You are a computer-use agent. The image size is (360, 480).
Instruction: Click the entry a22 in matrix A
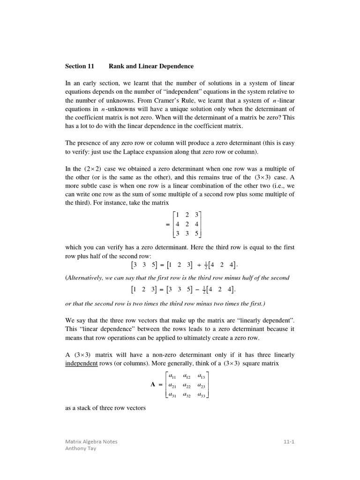[187, 385]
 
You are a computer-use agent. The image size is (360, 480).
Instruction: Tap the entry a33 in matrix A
[201, 395]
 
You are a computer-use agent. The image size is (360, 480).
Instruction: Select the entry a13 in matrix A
[201, 376]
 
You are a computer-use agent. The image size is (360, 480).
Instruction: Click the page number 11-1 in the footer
[289, 442]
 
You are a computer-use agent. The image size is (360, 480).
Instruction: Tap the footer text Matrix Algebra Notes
[91, 442]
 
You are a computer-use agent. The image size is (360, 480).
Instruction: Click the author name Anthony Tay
[81, 449]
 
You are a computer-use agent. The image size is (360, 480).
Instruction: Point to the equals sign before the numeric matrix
[168, 224]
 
